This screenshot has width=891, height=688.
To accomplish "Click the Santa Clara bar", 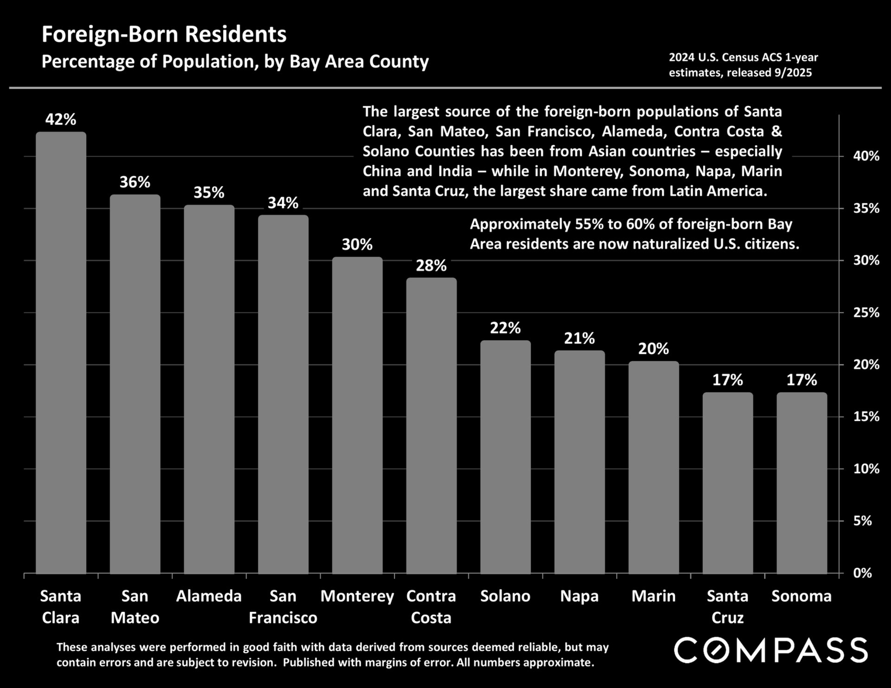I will coord(61,353).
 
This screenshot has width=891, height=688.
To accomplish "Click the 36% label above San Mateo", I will coord(135,182).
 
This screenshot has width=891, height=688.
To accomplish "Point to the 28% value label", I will coord(431,266).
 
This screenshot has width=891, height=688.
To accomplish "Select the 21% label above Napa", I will coord(579,339).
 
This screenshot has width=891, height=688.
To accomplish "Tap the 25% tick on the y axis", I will coord(866,313).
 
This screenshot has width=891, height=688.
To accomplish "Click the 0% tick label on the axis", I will coord(862,573).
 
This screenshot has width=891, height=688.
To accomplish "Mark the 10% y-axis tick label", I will coord(866,469).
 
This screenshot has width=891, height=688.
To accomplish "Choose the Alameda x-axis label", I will coord(209,596).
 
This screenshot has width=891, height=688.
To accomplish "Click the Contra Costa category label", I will coord(431,607).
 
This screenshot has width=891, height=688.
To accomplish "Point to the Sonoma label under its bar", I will coord(801,596).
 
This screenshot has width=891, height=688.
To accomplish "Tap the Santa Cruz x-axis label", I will coord(727,607).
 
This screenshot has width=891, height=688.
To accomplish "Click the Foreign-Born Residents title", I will coord(164,35).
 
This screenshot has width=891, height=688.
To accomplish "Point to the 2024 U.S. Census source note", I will coord(743,65).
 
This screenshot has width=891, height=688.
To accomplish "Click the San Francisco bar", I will coord(283,394).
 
